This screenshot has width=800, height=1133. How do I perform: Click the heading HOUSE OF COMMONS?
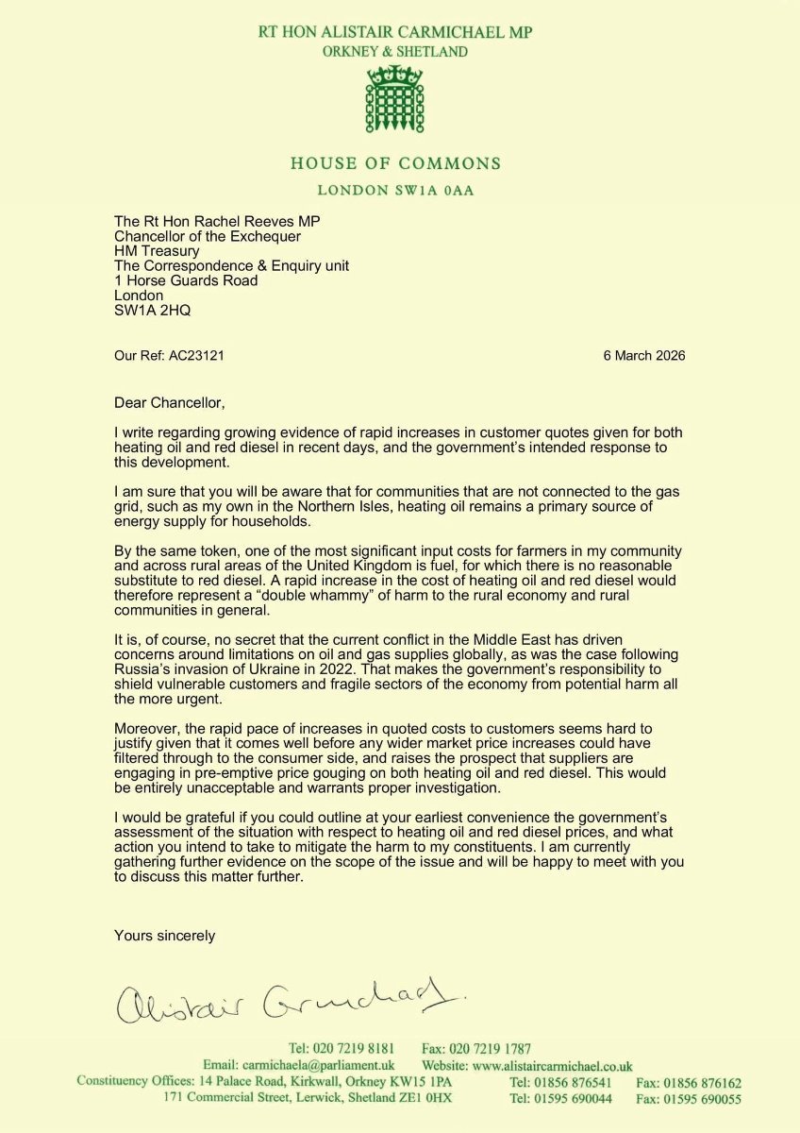[395, 163]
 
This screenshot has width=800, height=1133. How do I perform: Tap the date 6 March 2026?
[644, 356]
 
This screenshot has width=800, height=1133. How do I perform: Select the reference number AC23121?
[198, 356]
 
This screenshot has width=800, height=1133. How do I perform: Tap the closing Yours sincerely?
[164, 936]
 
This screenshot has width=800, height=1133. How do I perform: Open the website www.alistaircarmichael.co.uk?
[555, 1065]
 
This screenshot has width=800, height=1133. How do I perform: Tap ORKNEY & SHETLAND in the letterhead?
[395, 52]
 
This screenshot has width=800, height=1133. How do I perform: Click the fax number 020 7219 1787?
[490, 1048]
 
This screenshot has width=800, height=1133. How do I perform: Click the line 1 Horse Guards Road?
[186, 280]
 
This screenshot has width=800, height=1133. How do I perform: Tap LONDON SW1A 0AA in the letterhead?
[395, 191]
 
